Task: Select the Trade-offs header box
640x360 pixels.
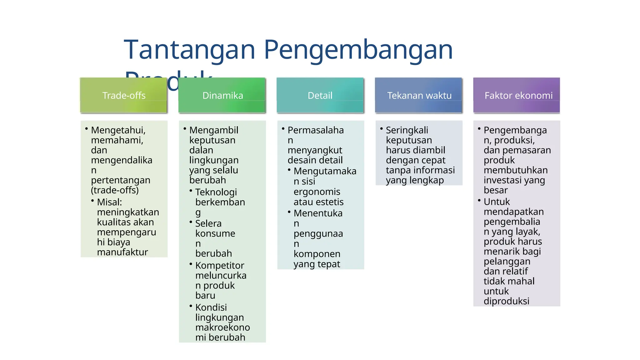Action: [124, 95]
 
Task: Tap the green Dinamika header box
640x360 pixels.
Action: [222, 95]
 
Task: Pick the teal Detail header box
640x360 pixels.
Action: [320, 95]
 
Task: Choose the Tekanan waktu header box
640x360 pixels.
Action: [419, 95]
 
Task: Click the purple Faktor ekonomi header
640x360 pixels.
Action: [517, 95]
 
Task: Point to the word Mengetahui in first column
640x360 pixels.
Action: [118, 130]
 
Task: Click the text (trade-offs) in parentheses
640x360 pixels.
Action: [115, 190]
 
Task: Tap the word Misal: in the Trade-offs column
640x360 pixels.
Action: [109, 202]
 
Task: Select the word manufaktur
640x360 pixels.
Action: [122, 252]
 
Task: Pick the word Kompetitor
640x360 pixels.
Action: [219, 265]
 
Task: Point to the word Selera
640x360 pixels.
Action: [208, 223]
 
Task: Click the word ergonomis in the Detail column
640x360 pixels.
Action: [317, 192]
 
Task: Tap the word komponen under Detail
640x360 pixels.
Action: [317, 254]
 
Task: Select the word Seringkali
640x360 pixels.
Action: [407, 130]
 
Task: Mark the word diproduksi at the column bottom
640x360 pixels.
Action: [506, 301]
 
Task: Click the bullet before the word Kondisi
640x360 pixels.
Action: [191, 306]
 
